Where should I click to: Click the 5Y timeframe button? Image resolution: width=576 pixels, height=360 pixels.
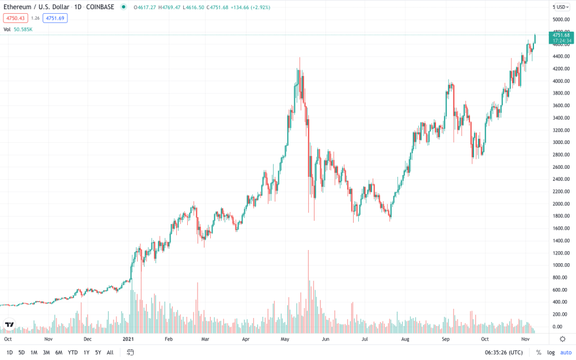tap(98, 353)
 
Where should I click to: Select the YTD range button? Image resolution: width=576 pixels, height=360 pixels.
tap(73, 353)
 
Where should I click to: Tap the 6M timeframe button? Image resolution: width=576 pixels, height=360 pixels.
tap(59, 353)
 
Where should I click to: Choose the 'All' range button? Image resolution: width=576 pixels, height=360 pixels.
tap(110, 353)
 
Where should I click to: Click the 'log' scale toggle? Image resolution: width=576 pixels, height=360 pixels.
tap(551, 353)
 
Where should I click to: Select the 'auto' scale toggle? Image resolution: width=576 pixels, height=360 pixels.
tap(566, 353)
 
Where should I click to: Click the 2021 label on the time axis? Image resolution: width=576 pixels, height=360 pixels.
tap(128, 339)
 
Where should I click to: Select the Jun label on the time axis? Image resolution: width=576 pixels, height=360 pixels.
tap(325, 339)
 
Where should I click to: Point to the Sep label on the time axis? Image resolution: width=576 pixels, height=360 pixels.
tap(446, 339)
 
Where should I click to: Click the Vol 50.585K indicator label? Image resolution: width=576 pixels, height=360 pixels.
tap(18, 29)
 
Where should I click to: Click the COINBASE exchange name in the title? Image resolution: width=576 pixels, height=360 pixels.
tap(100, 7)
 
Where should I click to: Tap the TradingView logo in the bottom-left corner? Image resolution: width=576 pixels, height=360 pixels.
tap(9, 325)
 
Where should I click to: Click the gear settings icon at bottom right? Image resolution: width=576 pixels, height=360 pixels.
tap(562, 339)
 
